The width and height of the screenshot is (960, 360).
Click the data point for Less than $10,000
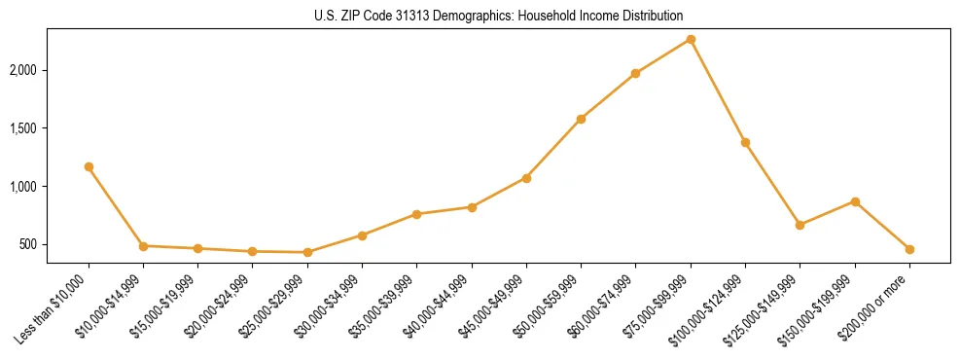click(89, 166)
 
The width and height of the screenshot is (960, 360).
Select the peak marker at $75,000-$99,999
click(691, 39)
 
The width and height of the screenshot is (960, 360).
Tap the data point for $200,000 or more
click(909, 249)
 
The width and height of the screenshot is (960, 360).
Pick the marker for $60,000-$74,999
click(635, 73)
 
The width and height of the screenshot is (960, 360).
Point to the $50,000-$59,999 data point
click(581, 119)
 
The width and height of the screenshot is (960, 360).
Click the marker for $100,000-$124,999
click(745, 142)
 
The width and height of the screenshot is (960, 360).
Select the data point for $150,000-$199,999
click(855, 201)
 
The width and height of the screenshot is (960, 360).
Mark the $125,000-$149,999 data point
click(800, 225)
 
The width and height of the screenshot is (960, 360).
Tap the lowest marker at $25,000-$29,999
click(307, 252)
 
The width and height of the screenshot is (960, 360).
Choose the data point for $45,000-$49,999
click(526, 178)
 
